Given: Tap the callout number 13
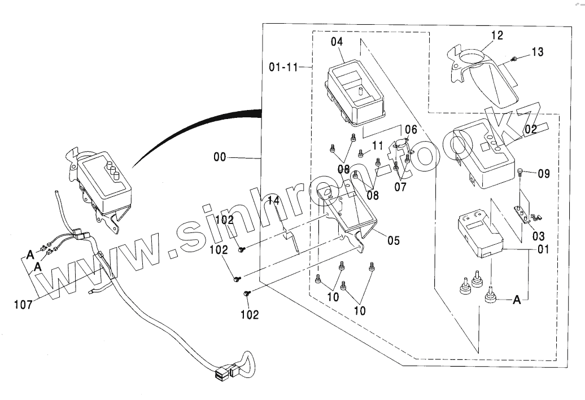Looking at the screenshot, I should (x=537, y=52).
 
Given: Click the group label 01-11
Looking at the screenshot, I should (x=283, y=68).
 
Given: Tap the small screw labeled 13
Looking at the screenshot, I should (x=514, y=58).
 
